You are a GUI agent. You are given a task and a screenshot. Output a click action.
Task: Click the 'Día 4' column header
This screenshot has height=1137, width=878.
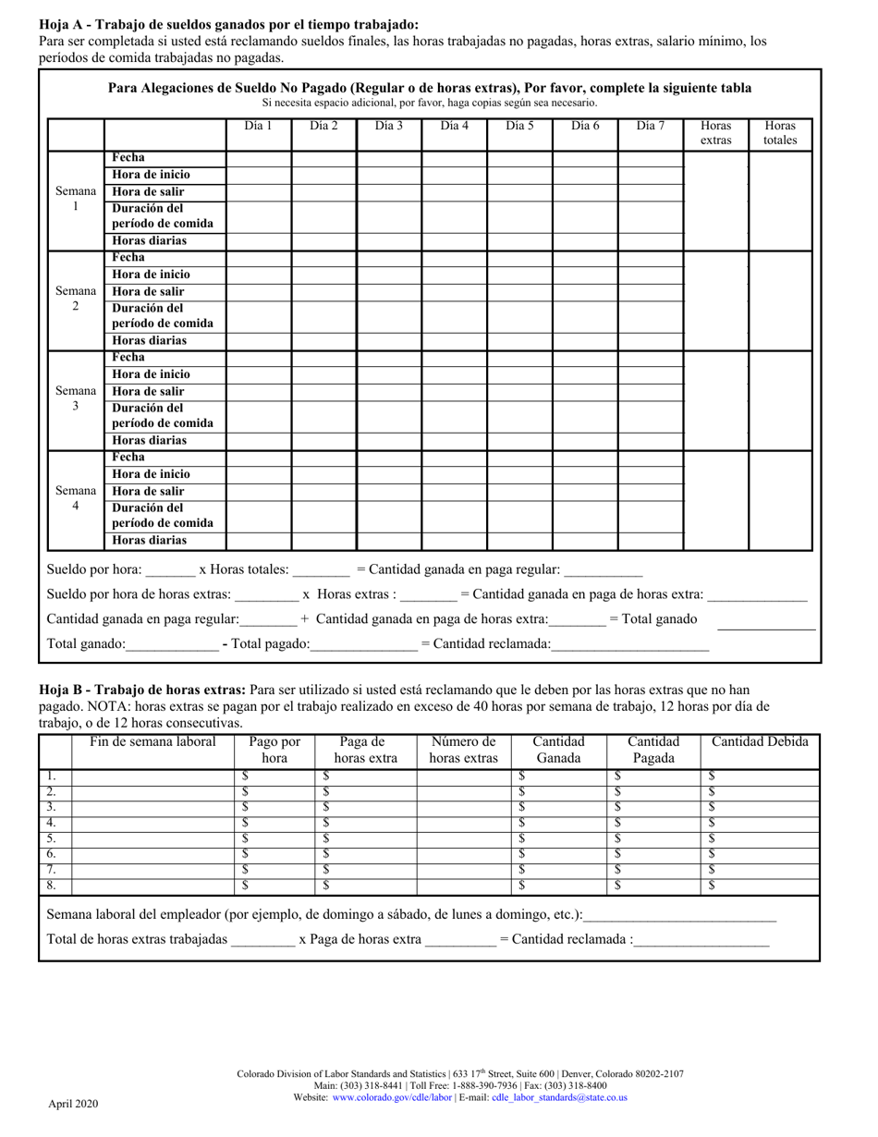tap(455, 125)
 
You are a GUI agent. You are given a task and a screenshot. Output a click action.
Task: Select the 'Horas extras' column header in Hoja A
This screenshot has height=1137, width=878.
tap(715, 132)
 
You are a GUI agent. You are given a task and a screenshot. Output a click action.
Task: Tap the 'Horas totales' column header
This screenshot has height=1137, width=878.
tap(780, 132)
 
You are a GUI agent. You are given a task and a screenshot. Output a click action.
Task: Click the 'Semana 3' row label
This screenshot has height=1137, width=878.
tap(76, 398)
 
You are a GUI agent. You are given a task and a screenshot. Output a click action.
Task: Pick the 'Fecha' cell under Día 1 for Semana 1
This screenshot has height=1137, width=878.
tap(260, 158)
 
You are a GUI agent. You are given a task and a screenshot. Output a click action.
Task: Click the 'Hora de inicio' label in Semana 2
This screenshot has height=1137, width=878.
tap(151, 275)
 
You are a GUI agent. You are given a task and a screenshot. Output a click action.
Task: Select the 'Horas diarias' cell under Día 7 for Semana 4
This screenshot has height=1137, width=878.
tap(650, 541)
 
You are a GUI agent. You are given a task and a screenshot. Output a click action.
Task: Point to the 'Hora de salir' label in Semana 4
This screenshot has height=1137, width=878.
tap(148, 492)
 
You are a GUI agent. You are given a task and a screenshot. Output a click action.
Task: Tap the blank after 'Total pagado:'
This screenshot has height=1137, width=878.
tap(364, 644)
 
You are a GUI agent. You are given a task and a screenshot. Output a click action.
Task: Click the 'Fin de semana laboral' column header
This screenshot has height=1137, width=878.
tap(152, 741)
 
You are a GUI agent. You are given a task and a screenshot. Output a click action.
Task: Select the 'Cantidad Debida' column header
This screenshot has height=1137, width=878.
tap(760, 741)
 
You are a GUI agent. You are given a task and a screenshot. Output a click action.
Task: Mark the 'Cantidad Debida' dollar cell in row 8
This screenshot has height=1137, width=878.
tap(760, 886)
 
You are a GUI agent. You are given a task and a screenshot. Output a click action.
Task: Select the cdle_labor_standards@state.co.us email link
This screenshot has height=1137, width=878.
tap(559, 1097)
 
